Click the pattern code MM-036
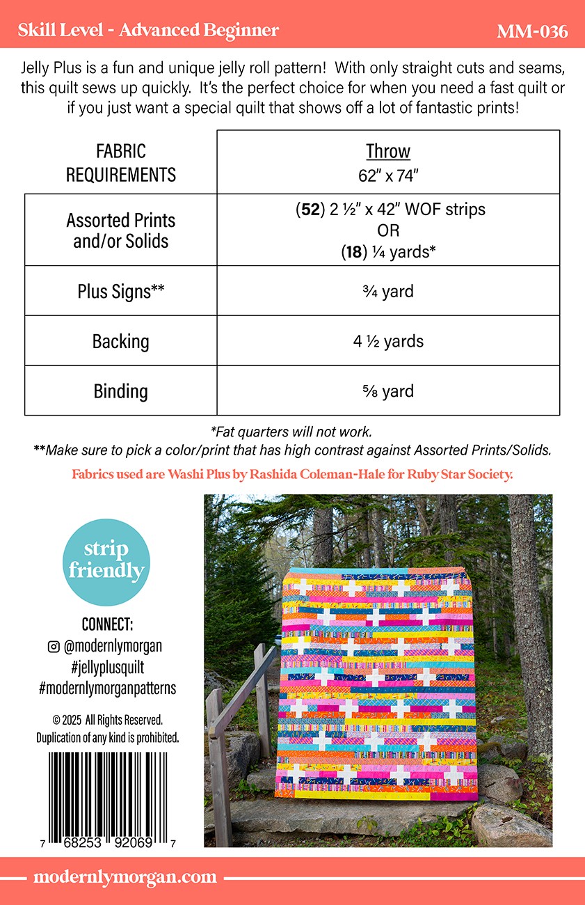click(532, 31)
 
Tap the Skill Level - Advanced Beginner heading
click(148, 31)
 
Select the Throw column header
click(388, 152)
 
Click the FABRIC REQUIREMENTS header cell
click(120, 162)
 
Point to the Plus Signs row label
click(120, 291)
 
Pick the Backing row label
click(120, 341)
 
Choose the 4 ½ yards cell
click(388, 341)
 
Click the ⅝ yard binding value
click(388, 391)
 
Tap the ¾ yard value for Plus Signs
click(388, 291)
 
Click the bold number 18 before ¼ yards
click(352, 252)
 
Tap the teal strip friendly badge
click(106, 562)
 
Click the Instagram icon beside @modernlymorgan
click(54, 647)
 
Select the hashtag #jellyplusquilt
click(107, 667)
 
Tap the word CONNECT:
click(107, 624)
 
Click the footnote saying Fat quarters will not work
click(291, 432)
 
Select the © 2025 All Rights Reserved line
click(107, 719)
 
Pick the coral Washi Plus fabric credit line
click(292, 475)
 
